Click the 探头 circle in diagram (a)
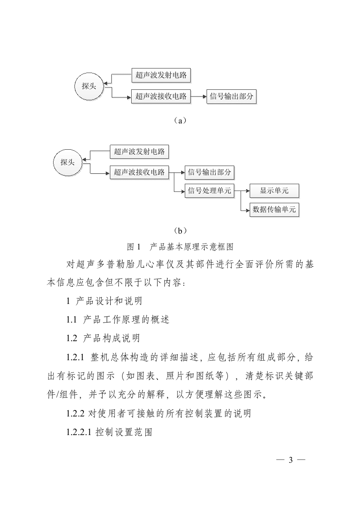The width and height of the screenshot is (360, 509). pos(89,86)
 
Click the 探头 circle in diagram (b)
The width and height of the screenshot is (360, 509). pos(68,162)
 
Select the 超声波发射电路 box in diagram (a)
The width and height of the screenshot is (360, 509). pos(161,75)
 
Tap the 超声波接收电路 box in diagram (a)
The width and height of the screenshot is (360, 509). pos(161,96)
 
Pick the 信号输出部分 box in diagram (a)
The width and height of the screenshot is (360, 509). pos(231,96)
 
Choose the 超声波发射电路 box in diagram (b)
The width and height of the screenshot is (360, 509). pos(139,152)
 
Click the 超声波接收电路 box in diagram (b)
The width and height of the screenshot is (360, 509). pos(139,172)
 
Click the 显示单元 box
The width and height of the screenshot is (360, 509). pos(274,191)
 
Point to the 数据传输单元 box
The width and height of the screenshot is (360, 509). pos(274,210)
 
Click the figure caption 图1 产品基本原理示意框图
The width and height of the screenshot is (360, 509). pos(180,247)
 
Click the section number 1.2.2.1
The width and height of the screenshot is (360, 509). pos(79,433)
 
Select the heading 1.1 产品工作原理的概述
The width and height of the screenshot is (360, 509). pos(118,319)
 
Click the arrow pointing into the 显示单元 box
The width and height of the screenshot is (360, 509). pos(245,191)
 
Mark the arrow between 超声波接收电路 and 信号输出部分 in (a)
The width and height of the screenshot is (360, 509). pos(198,96)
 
